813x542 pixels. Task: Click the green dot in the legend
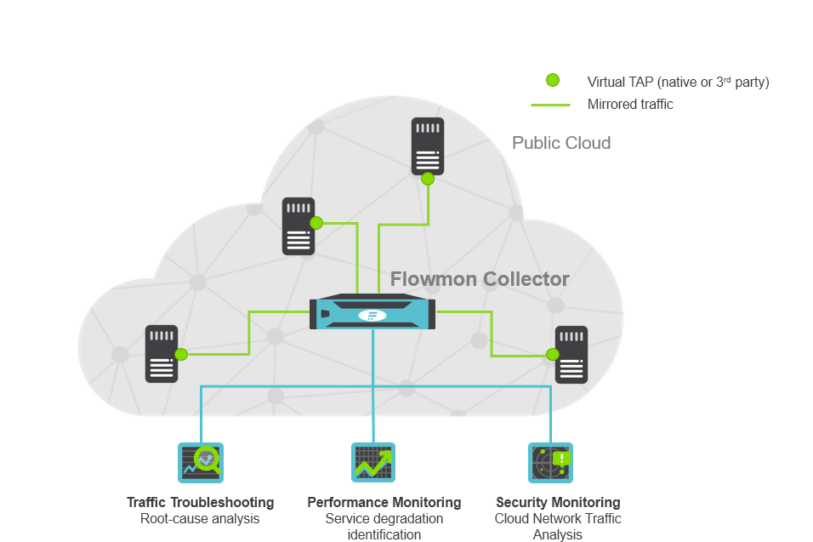click(552, 80)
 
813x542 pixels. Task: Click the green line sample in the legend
click(550, 105)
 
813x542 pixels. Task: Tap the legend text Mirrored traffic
click(629, 105)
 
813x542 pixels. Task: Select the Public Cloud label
click(560, 143)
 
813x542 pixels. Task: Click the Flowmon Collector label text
click(480, 279)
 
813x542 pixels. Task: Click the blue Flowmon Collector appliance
click(372, 312)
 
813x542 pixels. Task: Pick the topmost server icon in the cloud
click(427, 146)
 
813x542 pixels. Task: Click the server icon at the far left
click(162, 353)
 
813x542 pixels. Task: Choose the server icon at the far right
click(571, 354)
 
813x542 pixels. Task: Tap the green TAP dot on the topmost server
click(428, 179)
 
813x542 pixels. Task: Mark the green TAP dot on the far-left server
click(181, 354)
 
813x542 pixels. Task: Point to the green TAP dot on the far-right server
click(553, 354)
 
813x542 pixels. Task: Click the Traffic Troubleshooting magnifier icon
click(200, 462)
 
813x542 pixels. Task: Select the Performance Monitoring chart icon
click(372, 462)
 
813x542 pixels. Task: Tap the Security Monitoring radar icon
click(549, 462)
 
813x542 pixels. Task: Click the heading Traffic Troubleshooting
click(200, 503)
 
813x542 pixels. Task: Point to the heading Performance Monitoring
click(384, 503)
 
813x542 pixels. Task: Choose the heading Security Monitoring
click(557, 503)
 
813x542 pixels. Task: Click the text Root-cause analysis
click(200, 518)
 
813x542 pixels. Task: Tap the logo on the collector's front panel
click(372, 316)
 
